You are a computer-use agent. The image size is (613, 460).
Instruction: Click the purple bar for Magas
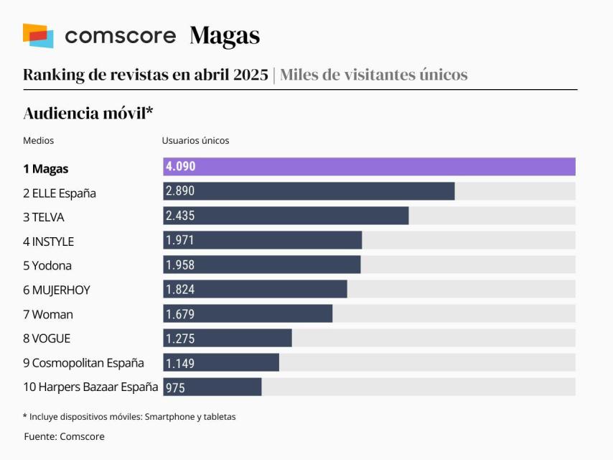click(369, 167)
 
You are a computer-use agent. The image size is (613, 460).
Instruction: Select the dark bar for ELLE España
click(309, 191)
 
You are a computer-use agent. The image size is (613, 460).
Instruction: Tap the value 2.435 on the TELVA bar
click(180, 216)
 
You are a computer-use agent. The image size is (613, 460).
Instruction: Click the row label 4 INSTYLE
click(48, 241)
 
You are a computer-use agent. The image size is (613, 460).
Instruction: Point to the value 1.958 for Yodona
click(180, 264)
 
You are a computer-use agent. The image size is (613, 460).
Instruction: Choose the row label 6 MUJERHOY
click(57, 290)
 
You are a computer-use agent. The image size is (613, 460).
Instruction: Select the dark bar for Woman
click(248, 313)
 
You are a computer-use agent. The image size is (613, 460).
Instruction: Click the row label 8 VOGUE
click(47, 339)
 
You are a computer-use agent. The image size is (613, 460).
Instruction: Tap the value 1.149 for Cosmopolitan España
click(180, 362)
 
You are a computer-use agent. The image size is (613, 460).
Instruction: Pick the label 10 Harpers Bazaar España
click(90, 387)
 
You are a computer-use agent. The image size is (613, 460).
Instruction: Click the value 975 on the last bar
click(175, 387)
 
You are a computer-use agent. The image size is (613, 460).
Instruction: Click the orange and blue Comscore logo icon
click(38, 35)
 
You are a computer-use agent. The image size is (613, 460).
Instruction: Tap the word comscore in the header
click(120, 36)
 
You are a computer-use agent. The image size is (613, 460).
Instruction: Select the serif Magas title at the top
click(225, 36)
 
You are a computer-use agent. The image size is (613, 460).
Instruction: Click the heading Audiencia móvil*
click(89, 113)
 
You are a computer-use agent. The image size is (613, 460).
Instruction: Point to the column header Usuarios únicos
click(195, 141)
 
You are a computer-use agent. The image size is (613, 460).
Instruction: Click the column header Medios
click(38, 141)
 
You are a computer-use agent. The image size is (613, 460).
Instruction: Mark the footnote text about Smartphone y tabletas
click(129, 416)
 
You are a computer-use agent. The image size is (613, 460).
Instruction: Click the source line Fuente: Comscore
click(64, 436)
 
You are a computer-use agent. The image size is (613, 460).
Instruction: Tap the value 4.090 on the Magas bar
click(180, 167)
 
